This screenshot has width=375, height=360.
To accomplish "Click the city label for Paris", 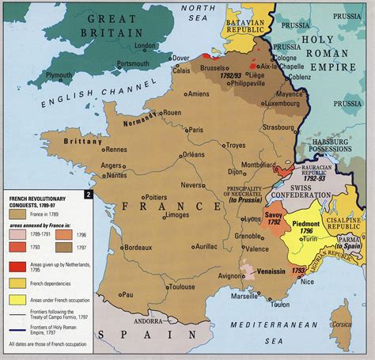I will (x=196, y=130).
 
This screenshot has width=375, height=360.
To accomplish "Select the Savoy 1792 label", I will (x=275, y=219).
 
